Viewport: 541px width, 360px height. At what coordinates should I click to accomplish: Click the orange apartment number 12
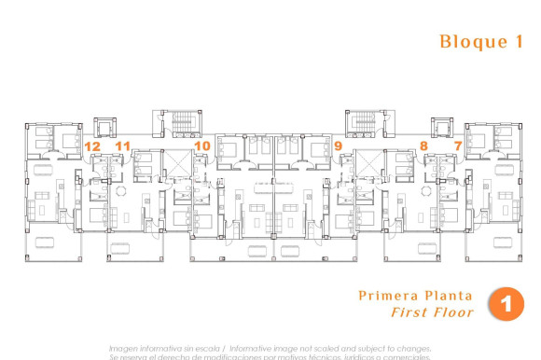click(x=92, y=145)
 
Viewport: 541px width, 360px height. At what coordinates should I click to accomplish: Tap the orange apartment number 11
click(x=122, y=145)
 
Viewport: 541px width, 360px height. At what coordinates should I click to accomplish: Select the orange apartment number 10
click(x=202, y=145)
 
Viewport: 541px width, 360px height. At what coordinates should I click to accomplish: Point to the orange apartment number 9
click(x=338, y=145)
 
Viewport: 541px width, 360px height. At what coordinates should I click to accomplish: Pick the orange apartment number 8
click(x=423, y=145)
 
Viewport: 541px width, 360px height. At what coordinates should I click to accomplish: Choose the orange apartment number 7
click(x=458, y=145)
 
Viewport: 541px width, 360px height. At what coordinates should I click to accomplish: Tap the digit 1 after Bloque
click(x=517, y=42)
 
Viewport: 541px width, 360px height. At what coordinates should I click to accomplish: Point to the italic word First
click(x=409, y=312)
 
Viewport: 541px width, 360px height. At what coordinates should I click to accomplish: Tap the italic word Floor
click(x=452, y=312)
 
